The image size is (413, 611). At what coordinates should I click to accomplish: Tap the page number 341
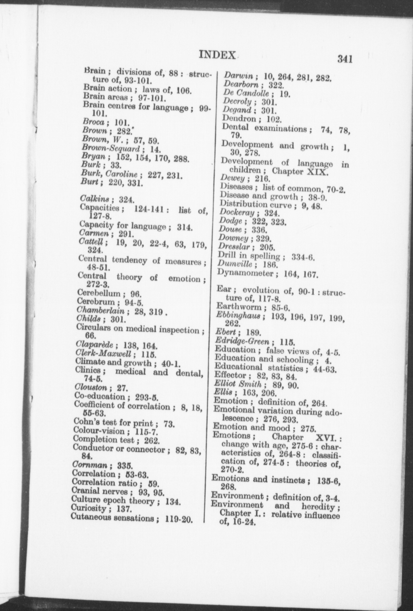(x=345, y=58)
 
